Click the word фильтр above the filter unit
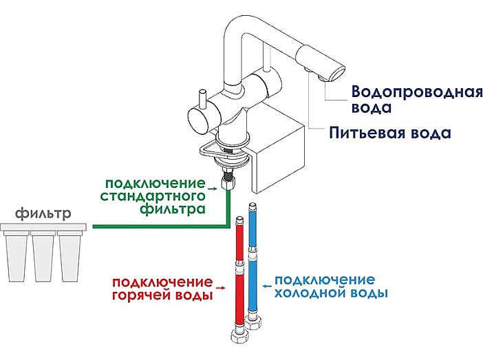43,213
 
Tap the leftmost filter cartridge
16,256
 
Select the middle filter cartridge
43,256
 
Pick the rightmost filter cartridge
69,256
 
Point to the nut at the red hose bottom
239,336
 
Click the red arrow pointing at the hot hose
221,287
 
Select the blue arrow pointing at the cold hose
268,286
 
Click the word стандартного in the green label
153,196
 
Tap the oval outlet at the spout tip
338,74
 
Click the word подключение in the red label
162,282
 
